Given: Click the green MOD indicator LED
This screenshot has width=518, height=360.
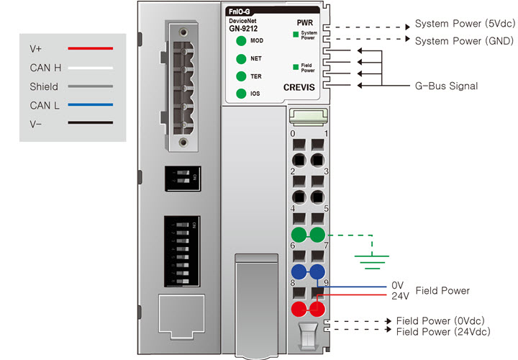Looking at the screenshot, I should pos(240,40).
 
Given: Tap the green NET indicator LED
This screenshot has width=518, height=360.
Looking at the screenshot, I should pos(240,58).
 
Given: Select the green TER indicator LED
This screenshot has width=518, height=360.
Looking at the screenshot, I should pos(240,76).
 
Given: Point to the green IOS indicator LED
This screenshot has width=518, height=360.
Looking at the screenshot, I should pos(240,94).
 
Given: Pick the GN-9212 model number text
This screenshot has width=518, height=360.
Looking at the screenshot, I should pos(244,29).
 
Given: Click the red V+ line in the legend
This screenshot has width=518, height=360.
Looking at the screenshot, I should pos(90,49).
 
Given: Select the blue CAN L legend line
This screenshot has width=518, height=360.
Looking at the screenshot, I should pos(90,105).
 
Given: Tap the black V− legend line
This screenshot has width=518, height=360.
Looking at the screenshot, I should pos(90,123).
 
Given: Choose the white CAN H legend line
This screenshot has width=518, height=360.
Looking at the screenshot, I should pos(90,68).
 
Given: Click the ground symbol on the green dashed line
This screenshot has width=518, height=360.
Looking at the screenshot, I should pos(371,260).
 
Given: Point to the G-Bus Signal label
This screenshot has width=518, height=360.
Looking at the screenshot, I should pos(446,86).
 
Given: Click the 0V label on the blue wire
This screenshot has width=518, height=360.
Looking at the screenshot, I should pos(398,285).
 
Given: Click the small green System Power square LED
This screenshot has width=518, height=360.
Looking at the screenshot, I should pos(296,34).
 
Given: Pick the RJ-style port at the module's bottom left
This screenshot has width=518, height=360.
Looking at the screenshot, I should pos(181,317).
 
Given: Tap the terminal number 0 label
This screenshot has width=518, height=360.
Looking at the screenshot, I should pos(292,134).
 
